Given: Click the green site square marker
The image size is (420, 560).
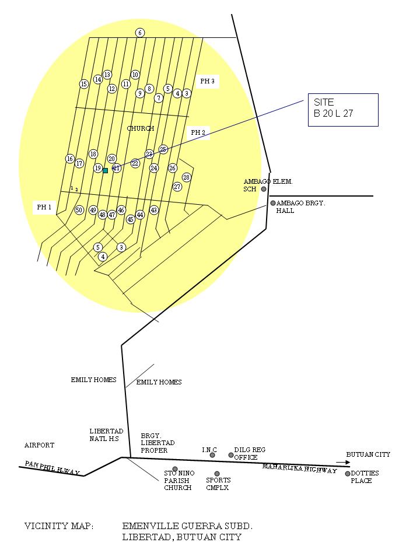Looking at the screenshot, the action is tap(106, 171).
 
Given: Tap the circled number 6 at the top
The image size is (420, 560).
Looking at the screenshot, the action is tap(140, 33).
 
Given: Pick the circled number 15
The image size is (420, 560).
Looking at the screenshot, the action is tap(84, 84).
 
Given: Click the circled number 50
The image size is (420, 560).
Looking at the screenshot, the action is tap(79, 210).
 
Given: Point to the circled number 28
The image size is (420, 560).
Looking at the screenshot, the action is tap(187, 177).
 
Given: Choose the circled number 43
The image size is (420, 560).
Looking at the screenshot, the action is tap(154, 210).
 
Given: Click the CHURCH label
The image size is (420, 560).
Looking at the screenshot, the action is tap(141, 128).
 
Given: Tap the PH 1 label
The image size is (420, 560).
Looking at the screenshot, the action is tap(44, 207).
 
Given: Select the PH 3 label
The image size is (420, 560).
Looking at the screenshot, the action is tap(208, 81).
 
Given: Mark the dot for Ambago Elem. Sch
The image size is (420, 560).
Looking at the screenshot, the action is tap(264, 189).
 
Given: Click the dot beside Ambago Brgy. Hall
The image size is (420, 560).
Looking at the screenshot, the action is tap(273, 203).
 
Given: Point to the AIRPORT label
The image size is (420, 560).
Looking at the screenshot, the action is tap(39, 445).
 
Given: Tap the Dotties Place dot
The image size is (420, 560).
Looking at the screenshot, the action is tap(348, 474).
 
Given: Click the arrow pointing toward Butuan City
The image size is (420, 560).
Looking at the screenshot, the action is tap(343, 463).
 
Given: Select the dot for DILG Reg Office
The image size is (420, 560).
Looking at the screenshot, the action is tap(231, 455).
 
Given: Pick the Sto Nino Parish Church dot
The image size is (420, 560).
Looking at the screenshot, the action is tap(175, 469).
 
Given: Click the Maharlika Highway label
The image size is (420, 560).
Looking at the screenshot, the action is tap(300, 468).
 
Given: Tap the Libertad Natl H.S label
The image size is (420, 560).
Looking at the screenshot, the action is tap(106, 435).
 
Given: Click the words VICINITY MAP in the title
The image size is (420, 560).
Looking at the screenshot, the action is tap(59, 526).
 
